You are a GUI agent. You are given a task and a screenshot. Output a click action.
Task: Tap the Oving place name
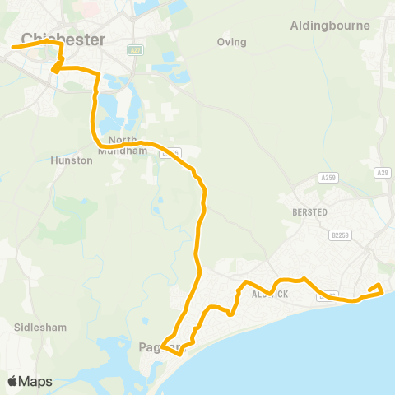pyautogui.click(x=231, y=41)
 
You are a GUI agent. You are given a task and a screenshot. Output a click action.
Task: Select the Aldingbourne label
pyautogui.click(x=330, y=26)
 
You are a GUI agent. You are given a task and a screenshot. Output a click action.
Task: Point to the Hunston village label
pyautogui.click(x=72, y=160)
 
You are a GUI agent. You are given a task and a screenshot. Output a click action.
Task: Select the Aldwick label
pyautogui.click(x=272, y=294)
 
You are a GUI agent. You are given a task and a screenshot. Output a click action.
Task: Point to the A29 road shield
pyautogui.click(x=381, y=172)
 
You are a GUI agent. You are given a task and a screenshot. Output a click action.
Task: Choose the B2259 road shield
pyautogui.click(x=342, y=235)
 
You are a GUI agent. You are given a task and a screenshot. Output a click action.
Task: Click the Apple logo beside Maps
pyautogui.click(x=13, y=381)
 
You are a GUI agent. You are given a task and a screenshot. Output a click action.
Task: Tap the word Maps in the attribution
pyautogui.click(x=36, y=381)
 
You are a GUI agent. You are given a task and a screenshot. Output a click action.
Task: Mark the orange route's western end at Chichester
pyautogui.click(x=12, y=47)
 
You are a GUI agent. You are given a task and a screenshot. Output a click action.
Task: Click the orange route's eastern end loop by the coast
pyautogui.click(x=377, y=288)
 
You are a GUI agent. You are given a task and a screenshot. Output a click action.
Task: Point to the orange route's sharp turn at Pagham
pyautogui.click(x=164, y=346)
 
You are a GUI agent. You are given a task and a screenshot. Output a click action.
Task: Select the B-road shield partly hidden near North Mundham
pyautogui.click(x=171, y=151)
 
